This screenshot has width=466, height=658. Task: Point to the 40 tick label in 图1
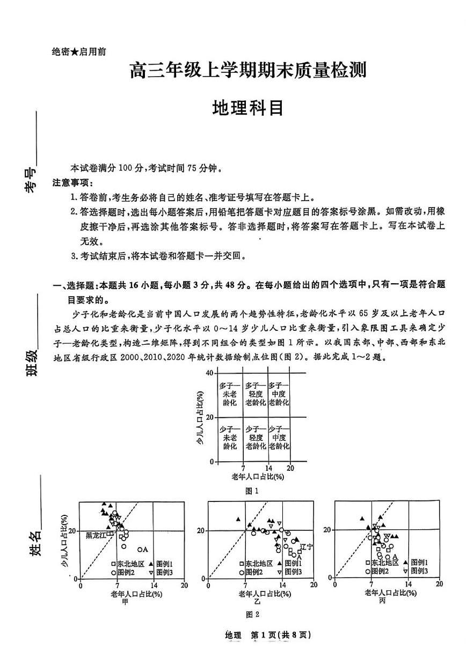pos(210,373)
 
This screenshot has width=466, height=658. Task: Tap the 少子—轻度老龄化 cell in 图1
pos(256,438)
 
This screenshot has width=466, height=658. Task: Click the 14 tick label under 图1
pos(268,468)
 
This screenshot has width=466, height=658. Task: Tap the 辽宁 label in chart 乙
pos(306,546)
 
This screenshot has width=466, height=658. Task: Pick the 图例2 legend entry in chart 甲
pos(125,572)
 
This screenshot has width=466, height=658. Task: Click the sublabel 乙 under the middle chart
pos(257,602)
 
